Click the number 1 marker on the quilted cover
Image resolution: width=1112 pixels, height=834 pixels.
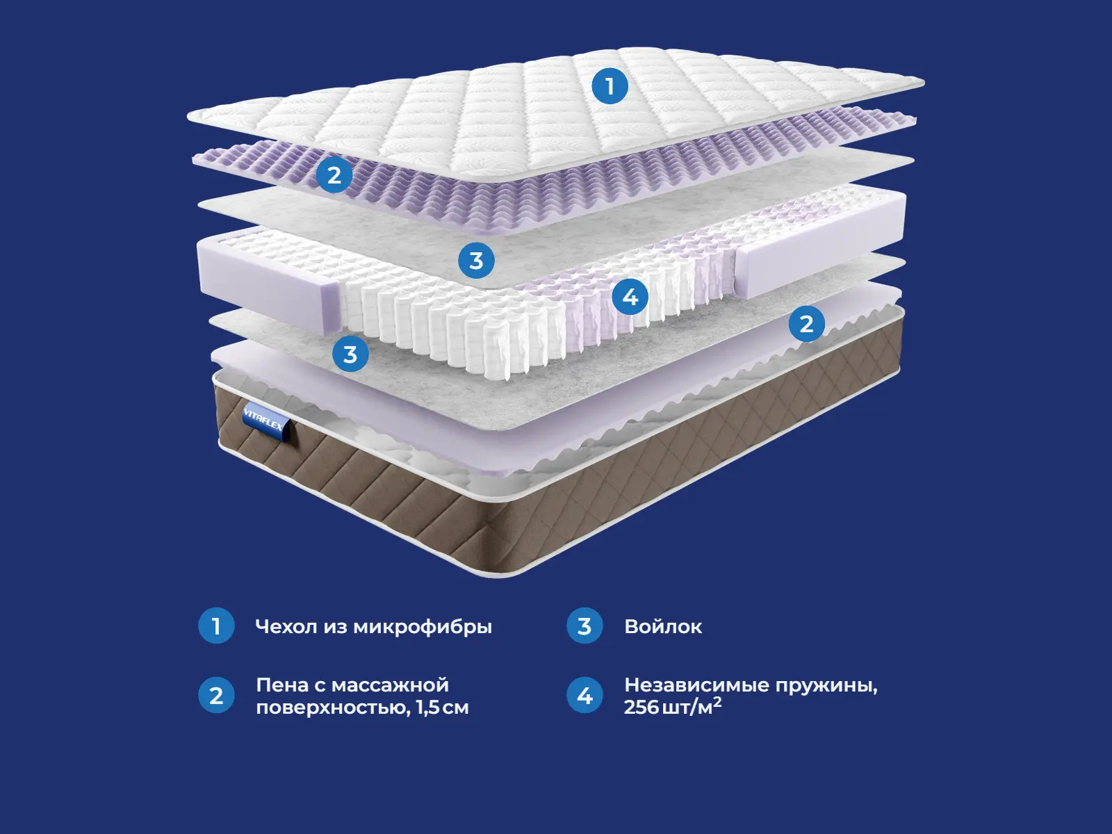coord(610,86)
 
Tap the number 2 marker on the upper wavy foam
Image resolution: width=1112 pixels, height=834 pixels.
coord(334,175)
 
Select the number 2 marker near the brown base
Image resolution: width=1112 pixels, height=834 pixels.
coord(806,324)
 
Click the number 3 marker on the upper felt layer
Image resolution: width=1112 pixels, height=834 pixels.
coord(476,261)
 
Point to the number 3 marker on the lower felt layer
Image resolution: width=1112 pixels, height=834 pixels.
coord(350,354)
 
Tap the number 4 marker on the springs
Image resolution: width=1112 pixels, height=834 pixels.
coord(630,297)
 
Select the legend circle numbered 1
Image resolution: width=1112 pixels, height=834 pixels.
coord(216,626)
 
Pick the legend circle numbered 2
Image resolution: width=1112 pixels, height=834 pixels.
coord(216,695)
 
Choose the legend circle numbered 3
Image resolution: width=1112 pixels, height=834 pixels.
coord(584,626)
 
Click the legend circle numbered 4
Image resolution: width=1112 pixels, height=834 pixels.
coord(584,695)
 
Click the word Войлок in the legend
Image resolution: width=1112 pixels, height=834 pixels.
coord(663,627)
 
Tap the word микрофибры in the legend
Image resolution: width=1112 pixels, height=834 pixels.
coord(423,627)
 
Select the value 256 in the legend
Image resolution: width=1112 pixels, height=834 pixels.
coord(641,708)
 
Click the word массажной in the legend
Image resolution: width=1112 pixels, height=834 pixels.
coord(390,685)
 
